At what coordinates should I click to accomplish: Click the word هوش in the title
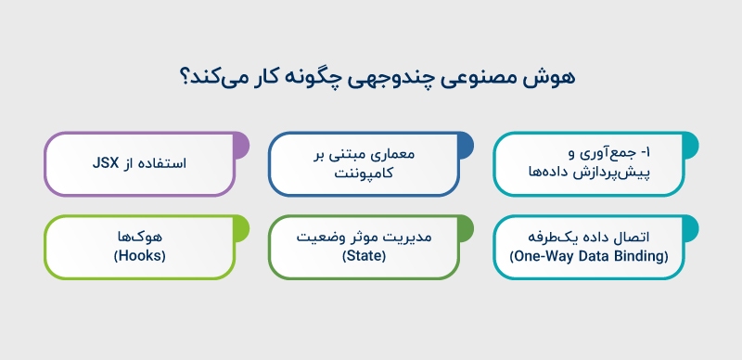[547, 78]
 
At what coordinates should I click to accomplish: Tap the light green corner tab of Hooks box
[240, 225]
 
